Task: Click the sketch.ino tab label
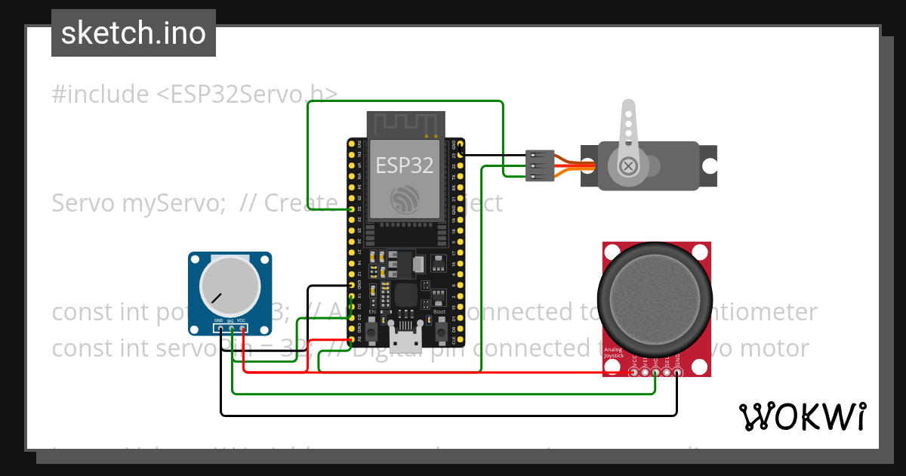[x=134, y=33]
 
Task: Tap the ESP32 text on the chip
[x=405, y=164]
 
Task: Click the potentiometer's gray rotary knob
[x=230, y=286]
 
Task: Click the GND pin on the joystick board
[x=677, y=371]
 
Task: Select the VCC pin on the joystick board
[x=633, y=371]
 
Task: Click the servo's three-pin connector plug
[x=540, y=165]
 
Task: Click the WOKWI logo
[x=802, y=416]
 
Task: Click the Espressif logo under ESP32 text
[x=405, y=197]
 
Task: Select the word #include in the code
[x=100, y=94]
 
